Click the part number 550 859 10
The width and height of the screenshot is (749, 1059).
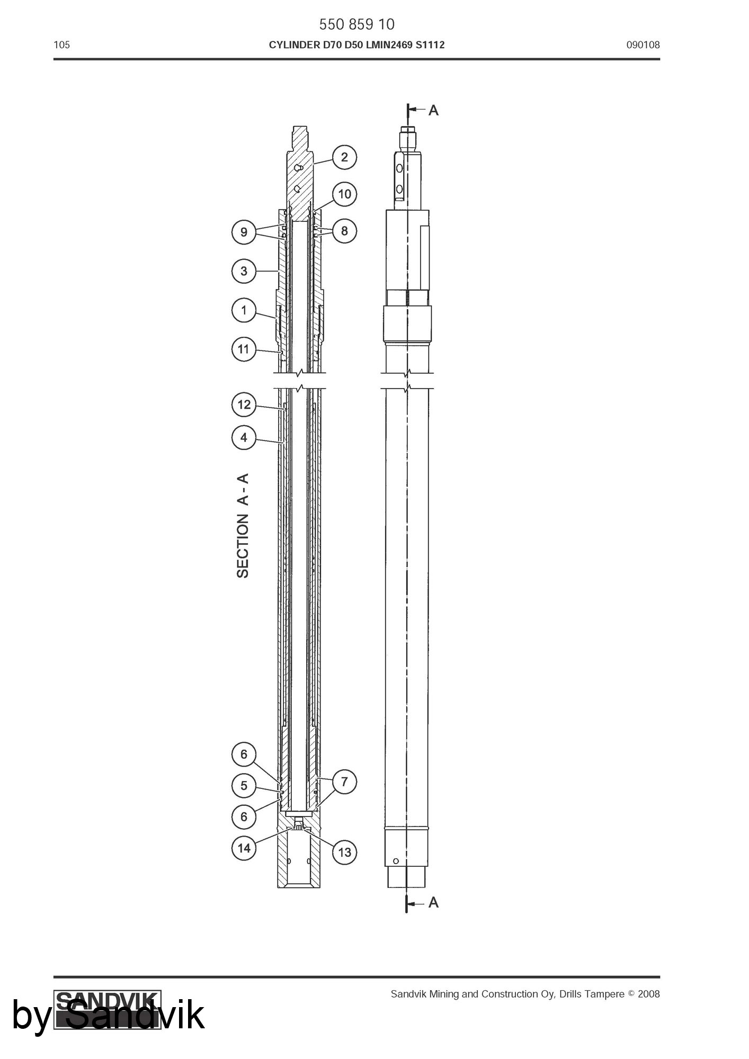[356, 24]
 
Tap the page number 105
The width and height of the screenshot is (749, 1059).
[61, 45]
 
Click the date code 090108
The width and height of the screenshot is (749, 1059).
[643, 45]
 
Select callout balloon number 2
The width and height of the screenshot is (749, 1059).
[344, 157]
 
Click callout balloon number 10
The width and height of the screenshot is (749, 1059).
[344, 194]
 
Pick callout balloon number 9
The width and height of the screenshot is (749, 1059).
[244, 232]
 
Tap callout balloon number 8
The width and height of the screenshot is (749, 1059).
[344, 231]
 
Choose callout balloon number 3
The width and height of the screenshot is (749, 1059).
[244, 271]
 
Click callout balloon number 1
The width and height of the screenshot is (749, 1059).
[244, 310]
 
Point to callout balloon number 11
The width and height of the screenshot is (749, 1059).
[244, 349]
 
